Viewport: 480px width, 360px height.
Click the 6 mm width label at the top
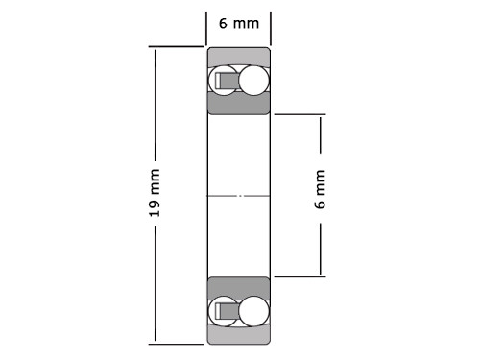pos(239,24)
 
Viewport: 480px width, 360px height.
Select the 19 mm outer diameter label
pos(155,193)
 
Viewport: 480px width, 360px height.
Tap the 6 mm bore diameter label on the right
pos(320,189)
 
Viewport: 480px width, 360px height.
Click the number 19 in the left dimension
pos(155,208)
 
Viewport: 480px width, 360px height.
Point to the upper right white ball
pos(253,81)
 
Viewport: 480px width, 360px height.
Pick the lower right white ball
pos(253,311)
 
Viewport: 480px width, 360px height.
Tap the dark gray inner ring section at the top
pos(239,104)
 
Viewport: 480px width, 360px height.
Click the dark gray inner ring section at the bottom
pos(239,288)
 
